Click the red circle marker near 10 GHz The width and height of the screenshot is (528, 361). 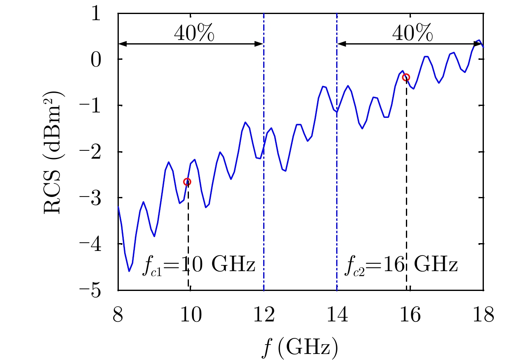point(187,182)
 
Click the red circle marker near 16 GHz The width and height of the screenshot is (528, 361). point(406,77)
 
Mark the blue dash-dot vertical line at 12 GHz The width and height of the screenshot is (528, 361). point(264,206)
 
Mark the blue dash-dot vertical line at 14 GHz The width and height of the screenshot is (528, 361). point(337,206)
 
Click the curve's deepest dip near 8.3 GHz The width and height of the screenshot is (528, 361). point(129,271)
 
